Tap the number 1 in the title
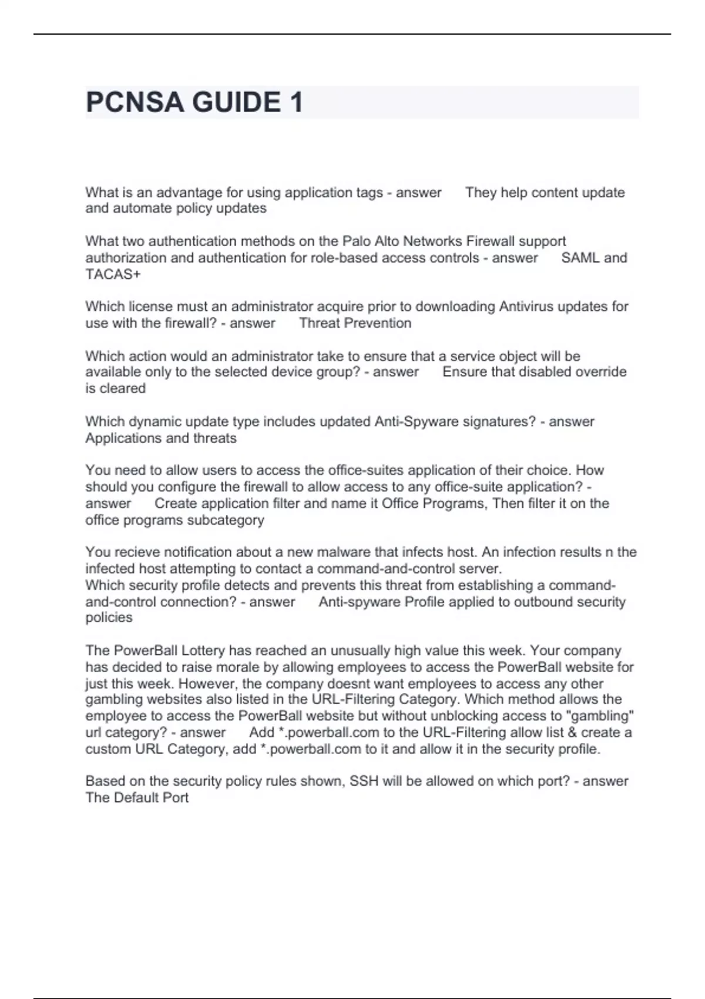pyautogui.click(x=296, y=103)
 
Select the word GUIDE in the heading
pyautogui.click(x=236, y=103)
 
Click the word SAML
pyautogui.click(x=580, y=258)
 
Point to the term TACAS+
pyautogui.click(x=113, y=274)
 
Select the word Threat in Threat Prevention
pyautogui.click(x=319, y=323)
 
